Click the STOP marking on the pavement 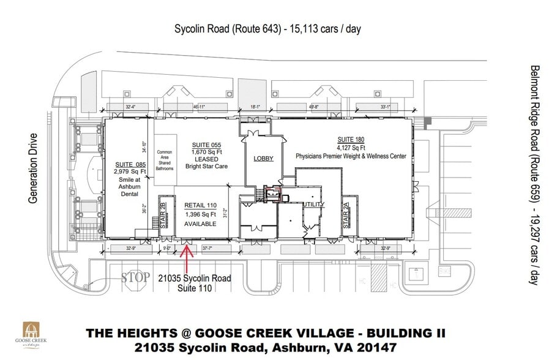click(x=135, y=277)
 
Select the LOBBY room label click(x=263, y=159)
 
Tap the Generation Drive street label click(x=33, y=168)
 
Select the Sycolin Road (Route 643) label click(x=227, y=29)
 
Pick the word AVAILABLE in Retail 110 click(x=201, y=224)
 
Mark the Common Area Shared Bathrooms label click(x=165, y=160)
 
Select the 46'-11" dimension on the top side click(x=198, y=107)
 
